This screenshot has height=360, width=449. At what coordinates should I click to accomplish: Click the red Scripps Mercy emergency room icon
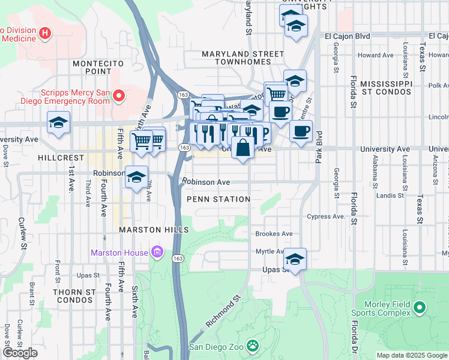[x=119, y=95]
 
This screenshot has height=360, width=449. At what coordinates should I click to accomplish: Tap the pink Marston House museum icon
[x=157, y=252]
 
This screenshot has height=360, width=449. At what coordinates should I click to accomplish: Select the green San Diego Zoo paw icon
[x=253, y=346]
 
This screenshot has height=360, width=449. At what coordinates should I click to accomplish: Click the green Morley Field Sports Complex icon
[x=419, y=308]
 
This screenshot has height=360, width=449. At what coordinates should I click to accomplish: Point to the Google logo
[x=20, y=353]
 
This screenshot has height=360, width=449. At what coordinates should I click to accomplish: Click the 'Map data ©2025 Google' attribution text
[x=411, y=355]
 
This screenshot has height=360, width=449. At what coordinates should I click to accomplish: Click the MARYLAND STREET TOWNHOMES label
[x=243, y=58]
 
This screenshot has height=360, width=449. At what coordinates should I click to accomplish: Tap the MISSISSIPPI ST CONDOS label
[x=386, y=87]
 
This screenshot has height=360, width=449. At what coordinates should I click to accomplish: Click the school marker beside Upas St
[x=295, y=259]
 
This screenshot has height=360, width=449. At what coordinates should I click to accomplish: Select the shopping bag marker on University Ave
[x=243, y=147]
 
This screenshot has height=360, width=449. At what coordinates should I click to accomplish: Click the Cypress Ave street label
[x=326, y=216]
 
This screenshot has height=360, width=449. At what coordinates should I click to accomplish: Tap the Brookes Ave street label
[x=274, y=233]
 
